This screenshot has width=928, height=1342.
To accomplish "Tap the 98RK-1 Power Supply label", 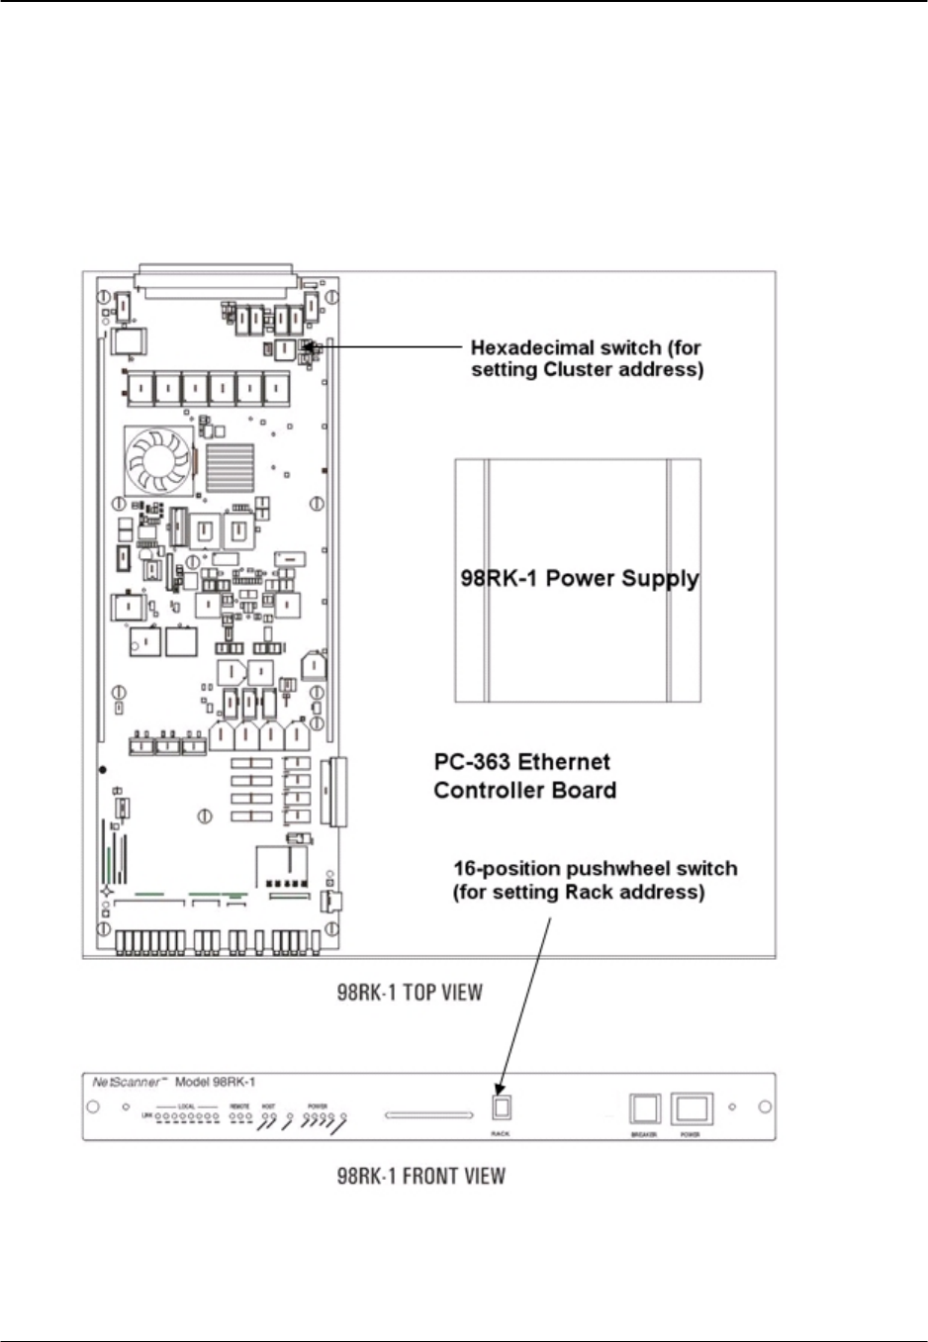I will pos(579,578).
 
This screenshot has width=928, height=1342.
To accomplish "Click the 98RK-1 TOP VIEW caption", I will pos(409,992).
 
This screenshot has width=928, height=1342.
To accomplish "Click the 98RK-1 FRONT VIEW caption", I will pos(420,1176).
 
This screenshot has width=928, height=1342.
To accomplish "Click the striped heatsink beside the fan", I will pos(230,466).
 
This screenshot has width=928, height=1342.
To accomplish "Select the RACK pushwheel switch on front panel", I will pos(501,1107).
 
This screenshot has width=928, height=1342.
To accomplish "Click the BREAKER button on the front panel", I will pos(645,1107).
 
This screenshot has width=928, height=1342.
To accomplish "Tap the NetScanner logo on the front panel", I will pos(127,1083).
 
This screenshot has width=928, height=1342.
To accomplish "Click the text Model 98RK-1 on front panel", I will pos(215,1083).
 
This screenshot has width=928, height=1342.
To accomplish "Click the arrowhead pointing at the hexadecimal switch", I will pos(314,347).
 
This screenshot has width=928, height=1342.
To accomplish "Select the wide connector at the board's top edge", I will pos(217,279).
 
